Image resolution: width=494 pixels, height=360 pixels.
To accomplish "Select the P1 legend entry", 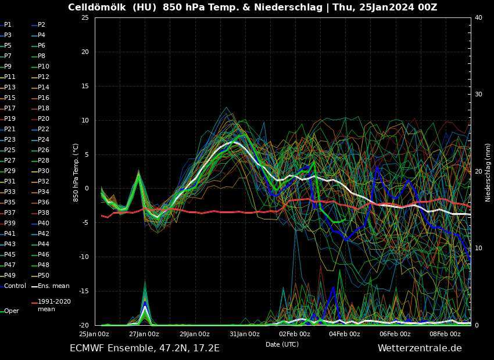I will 8,25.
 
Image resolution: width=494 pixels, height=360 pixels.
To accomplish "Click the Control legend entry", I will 15,286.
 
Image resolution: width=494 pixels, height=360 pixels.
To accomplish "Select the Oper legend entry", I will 11,311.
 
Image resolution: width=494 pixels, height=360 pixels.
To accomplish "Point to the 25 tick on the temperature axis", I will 84,18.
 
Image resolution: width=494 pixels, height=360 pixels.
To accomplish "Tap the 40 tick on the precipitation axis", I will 478,18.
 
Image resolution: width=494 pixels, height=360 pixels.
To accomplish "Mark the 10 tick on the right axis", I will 478,249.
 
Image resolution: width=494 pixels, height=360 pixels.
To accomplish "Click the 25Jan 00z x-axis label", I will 94,334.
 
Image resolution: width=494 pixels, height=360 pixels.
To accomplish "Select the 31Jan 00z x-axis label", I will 245,334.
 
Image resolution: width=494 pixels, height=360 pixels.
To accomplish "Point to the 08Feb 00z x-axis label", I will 445,334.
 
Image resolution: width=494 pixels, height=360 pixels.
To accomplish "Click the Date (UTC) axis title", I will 282,344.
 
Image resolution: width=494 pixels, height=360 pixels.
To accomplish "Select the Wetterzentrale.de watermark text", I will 420,348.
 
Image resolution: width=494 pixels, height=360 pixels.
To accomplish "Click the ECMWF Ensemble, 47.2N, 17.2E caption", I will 145,348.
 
